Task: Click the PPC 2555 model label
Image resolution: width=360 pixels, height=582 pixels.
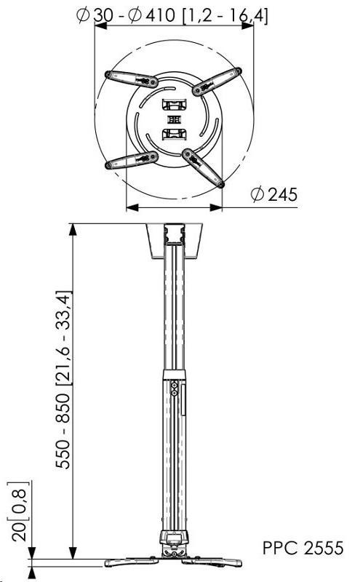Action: click(303, 548)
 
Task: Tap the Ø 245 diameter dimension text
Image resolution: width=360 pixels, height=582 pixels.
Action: click(274, 194)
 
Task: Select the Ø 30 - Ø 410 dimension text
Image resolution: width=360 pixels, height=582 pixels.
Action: click(126, 15)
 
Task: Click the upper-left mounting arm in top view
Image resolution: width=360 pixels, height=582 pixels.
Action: click(132, 79)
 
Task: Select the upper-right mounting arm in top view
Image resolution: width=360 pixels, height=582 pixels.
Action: click(217, 81)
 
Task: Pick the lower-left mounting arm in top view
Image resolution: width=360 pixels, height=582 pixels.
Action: click(132, 160)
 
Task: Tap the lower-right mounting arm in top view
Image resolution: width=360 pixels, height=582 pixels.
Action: click(203, 168)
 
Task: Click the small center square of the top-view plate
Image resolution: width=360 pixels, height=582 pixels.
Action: click(174, 120)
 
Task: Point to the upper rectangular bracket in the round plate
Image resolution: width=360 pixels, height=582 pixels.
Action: click(174, 104)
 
